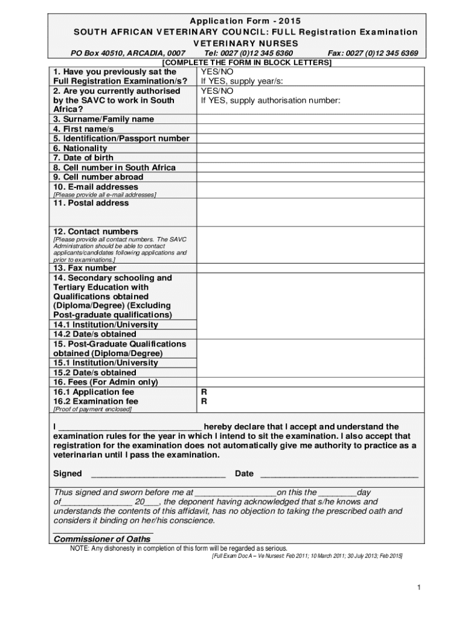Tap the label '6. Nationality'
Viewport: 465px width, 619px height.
tap(80, 148)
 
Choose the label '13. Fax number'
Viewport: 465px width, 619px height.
tap(85, 268)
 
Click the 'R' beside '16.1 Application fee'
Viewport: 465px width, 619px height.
tap(204, 392)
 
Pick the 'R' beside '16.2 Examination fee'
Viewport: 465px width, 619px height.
tap(204, 401)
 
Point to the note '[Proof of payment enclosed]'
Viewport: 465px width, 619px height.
tap(92, 409)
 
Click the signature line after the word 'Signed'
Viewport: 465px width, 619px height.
tap(158, 474)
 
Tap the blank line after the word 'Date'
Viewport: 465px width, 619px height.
tap(338, 474)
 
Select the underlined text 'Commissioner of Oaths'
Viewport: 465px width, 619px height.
tap(102, 539)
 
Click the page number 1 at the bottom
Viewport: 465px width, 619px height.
tap(418, 588)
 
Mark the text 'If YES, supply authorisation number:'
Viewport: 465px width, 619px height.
tap(271, 100)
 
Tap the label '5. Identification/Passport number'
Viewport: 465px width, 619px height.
tap(121, 138)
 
